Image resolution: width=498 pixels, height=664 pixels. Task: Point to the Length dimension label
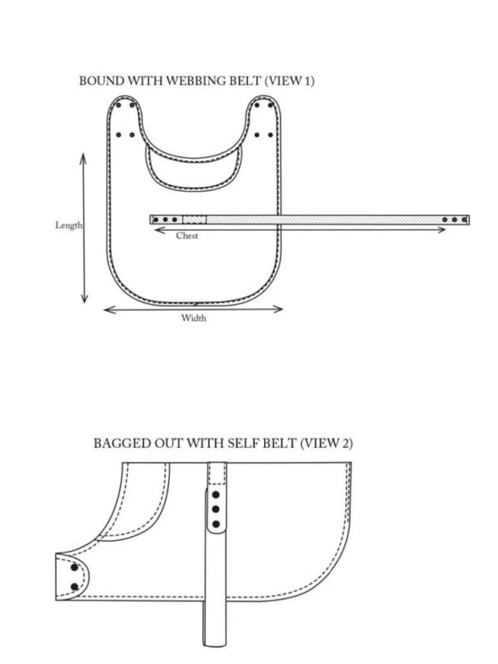pyautogui.click(x=68, y=225)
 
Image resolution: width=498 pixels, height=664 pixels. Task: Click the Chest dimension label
pyautogui.click(x=187, y=236)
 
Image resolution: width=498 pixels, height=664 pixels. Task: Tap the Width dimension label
pyautogui.click(x=194, y=317)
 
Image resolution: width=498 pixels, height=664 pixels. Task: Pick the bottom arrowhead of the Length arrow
pyautogui.click(x=84, y=299)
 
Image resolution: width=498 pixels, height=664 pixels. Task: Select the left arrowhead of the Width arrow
pyautogui.click(x=109, y=310)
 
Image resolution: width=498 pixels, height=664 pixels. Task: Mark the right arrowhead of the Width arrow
pyautogui.click(x=278, y=309)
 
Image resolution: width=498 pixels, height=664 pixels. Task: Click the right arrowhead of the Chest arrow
pyautogui.click(x=441, y=230)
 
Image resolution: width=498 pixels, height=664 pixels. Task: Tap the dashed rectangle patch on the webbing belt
pyautogui.click(x=194, y=220)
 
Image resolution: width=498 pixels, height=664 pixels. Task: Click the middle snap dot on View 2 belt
pyautogui.click(x=216, y=509)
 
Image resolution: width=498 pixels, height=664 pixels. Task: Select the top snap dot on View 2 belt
pyautogui.click(x=216, y=494)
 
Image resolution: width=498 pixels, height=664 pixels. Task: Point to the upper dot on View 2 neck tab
pyautogui.click(x=74, y=567)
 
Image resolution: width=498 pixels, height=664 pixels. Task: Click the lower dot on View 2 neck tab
pyautogui.click(x=75, y=587)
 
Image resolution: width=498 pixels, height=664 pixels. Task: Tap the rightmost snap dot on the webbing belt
pyautogui.click(x=464, y=220)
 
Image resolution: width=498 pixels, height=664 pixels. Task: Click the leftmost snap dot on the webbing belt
pyautogui.click(x=155, y=220)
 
